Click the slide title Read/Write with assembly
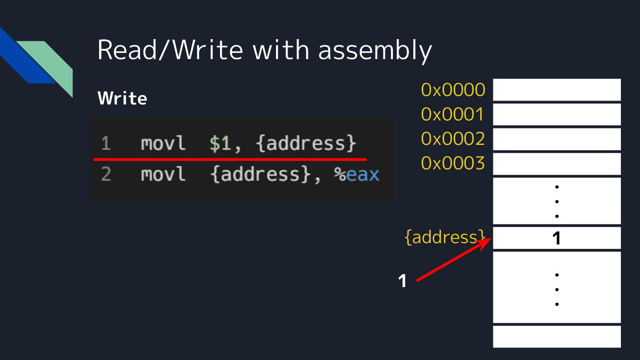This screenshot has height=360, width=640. click(264, 50)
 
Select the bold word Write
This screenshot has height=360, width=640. click(122, 98)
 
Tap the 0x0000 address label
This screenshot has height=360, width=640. click(453, 90)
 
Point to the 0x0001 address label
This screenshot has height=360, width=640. click(453, 115)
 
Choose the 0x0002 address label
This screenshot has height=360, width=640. click(453, 139)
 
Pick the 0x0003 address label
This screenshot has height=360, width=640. click(453, 164)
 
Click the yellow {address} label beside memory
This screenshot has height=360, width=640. click(444, 237)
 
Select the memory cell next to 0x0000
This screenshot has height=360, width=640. click(556, 90)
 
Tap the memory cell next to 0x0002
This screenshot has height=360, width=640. click(556, 139)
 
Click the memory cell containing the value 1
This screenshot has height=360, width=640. click(556, 238)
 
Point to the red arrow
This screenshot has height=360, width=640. click(453, 260)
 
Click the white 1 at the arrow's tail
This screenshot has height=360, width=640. click(402, 281)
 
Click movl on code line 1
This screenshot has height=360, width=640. click(163, 144)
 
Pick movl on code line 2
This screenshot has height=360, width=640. click(163, 175)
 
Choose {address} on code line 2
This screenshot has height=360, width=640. click(260, 175)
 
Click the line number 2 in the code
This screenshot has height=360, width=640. click(106, 175)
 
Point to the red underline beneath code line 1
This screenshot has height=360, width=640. click(230, 159)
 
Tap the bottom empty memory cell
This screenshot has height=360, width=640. click(556, 336)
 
